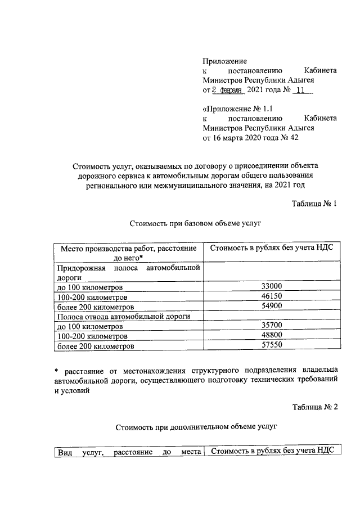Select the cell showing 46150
coord(272,297)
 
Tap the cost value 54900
coord(272,307)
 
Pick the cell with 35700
coord(272,326)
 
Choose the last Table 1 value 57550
coord(272,346)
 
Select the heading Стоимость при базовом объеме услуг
coord(196,223)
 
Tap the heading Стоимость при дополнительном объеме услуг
coord(196,427)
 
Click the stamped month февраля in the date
coord(230,90)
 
